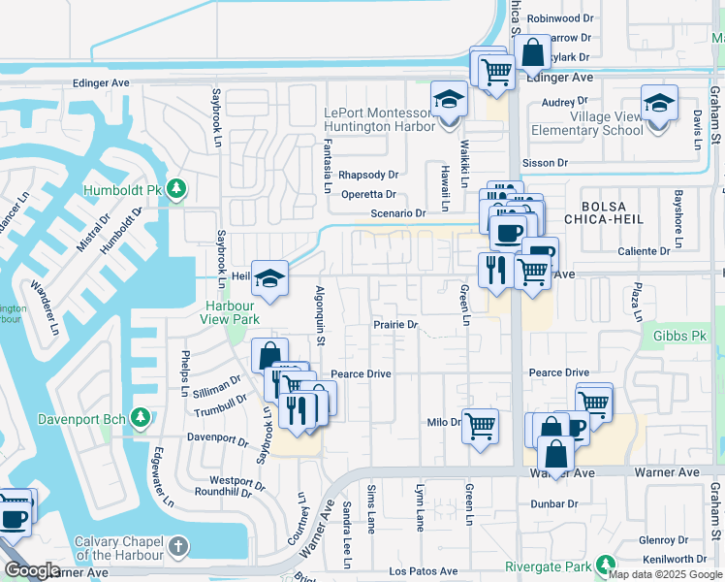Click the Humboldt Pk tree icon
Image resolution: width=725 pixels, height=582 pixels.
(x=175, y=188)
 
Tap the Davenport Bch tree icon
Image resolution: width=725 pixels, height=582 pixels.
(x=141, y=418)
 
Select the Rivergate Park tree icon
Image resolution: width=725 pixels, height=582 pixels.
(x=606, y=565)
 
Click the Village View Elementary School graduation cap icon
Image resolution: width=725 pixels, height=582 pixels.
(x=658, y=102)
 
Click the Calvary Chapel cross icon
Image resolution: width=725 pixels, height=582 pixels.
(x=177, y=546)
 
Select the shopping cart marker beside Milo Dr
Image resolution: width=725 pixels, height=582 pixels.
(x=480, y=424)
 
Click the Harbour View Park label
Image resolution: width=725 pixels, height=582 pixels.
(x=231, y=311)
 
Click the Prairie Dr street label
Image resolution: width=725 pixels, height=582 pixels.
(x=394, y=325)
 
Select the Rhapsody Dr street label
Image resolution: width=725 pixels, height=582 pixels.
(x=368, y=176)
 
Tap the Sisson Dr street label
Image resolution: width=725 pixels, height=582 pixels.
(x=545, y=163)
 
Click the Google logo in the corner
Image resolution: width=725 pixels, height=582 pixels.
(x=32, y=570)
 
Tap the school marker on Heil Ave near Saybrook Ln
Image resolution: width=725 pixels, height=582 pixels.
(x=268, y=277)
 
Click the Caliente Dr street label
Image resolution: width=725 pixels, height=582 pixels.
(x=645, y=251)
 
